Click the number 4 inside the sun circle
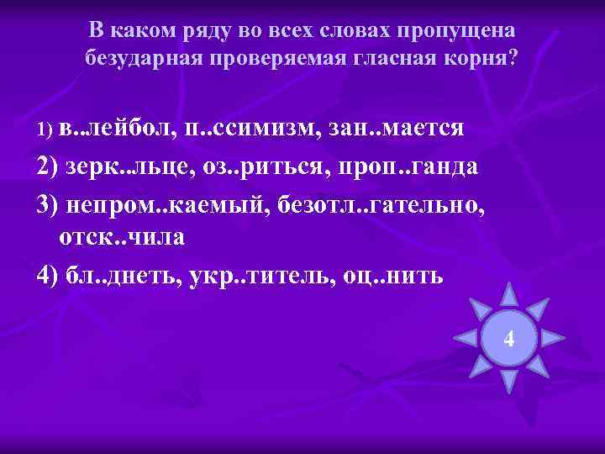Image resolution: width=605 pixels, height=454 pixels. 508,340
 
